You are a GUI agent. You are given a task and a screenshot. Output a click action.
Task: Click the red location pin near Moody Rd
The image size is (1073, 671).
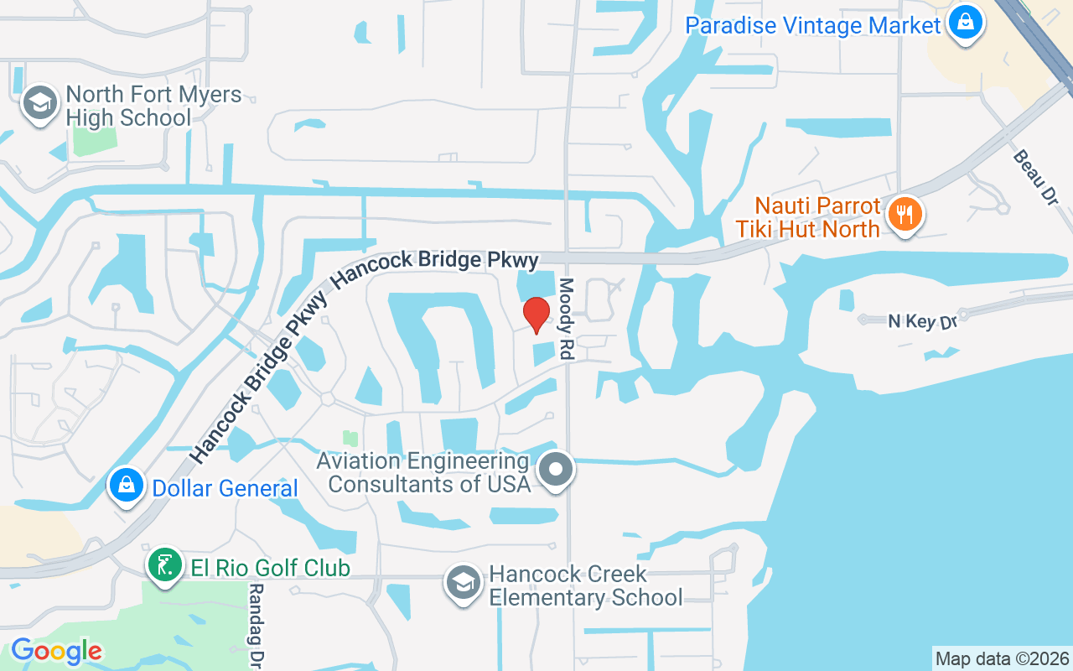(x=536, y=315)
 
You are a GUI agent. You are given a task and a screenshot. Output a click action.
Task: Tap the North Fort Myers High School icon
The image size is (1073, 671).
(x=39, y=104)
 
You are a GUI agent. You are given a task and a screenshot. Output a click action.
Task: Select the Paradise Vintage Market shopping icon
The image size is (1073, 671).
(x=965, y=23)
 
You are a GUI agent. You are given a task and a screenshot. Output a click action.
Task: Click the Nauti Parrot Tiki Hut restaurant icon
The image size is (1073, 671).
(x=905, y=215)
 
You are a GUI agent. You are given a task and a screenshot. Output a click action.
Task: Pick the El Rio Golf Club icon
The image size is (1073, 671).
(x=165, y=566)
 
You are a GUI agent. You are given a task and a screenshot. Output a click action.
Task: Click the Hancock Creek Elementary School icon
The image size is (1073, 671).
(x=463, y=583)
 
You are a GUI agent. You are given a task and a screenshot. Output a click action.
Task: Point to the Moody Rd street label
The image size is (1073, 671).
(x=568, y=320)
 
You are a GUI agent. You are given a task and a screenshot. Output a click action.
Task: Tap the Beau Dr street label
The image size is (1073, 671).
(x=1035, y=178)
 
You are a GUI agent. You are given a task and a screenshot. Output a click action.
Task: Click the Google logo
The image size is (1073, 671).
(x=56, y=651)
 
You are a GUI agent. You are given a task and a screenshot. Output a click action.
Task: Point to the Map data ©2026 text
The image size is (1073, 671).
(x=1002, y=658)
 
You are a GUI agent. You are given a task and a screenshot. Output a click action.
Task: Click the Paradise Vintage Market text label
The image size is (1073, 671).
(x=813, y=25)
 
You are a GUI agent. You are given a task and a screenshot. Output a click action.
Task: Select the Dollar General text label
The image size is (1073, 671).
(x=225, y=488)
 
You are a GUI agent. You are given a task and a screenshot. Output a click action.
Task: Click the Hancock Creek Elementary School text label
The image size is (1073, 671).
(x=585, y=585)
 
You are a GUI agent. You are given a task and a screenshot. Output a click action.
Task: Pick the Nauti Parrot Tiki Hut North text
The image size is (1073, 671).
(x=807, y=217)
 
